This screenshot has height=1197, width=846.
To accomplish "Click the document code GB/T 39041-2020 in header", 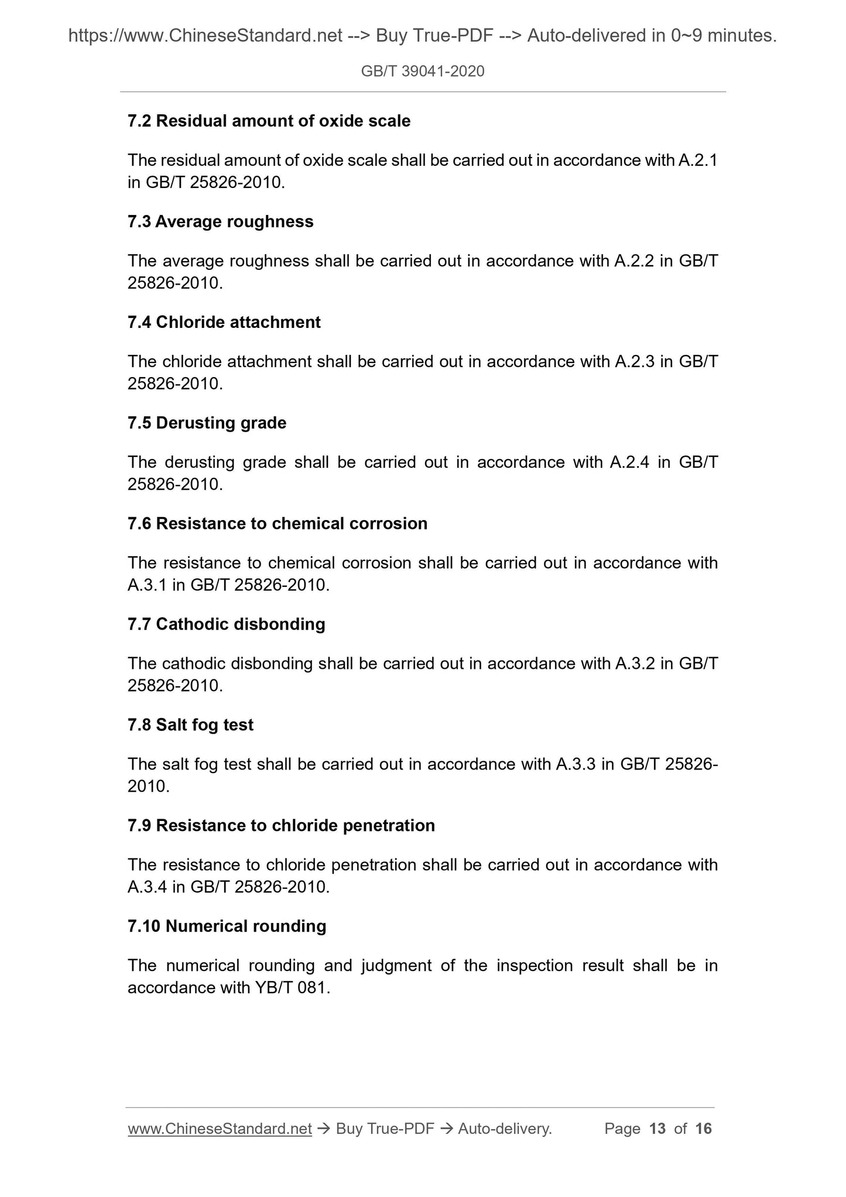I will coord(423,71).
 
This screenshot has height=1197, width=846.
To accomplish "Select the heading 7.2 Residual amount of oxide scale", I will coord(269,121).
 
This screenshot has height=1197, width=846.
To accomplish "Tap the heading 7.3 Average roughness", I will coord(220,222).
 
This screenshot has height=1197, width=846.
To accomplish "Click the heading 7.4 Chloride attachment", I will coord(224,323).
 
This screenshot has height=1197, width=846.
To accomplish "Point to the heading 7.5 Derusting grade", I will coord(207,423).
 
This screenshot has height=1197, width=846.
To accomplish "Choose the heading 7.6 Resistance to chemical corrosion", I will coord(277,524).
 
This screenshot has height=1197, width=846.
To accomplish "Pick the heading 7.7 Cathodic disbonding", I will coord(226,624).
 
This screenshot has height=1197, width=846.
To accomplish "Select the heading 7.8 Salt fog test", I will coord(190,725).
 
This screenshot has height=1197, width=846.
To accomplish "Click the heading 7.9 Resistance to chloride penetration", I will coord(281,826).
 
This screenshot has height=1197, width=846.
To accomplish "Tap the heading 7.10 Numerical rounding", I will coord(227,926).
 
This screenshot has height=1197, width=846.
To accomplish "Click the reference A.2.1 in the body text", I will coord(697,160).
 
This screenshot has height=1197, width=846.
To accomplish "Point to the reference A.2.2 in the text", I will coord(633,261).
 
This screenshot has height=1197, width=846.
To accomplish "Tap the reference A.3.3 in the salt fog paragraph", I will coord(576,764).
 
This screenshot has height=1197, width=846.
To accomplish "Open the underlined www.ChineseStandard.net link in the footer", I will coord(220,1129).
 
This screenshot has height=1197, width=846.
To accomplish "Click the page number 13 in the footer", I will coord(657,1129).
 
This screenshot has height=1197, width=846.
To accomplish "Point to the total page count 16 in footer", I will coord(703,1129).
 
